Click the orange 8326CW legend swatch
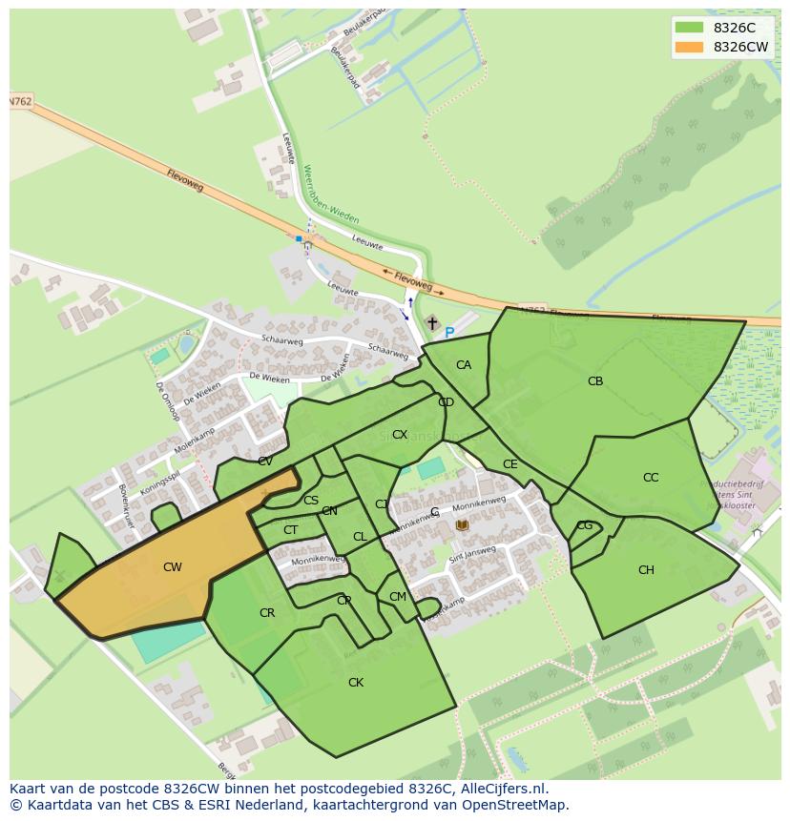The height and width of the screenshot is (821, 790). (x=688, y=47)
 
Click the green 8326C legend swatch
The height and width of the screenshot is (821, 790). (x=688, y=28)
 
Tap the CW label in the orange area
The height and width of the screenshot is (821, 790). (x=172, y=567)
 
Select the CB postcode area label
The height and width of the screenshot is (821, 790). (x=595, y=381)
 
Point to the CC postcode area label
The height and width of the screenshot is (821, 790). (x=651, y=478)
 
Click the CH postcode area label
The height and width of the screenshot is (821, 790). (x=646, y=570)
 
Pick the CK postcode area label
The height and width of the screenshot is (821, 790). (x=356, y=683)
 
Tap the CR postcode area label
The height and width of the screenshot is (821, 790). (x=267, y=613)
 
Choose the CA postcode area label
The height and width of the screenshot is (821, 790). (x=464, y=365)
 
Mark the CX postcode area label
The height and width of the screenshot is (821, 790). (x=400, y=435)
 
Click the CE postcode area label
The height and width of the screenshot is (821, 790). (x=510, y=464)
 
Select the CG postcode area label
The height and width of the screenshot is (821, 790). (x=585, y=525)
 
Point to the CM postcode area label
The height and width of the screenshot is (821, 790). (x=398, y=597)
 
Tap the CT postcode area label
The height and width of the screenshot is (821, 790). (x=291, y=530)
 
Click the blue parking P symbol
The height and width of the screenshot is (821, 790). (x=449, y=333)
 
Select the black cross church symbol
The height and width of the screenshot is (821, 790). (x=432, y=323)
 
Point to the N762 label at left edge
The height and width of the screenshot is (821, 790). (x=20, y=101)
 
